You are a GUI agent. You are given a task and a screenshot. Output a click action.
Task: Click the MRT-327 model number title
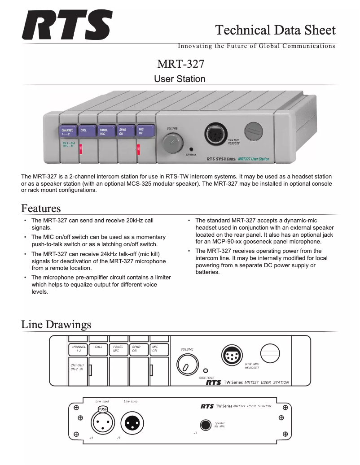tap(180, 64)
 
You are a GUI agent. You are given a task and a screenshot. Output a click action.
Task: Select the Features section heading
tap(41, 209)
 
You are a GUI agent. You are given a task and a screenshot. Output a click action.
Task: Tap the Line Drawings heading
tap(56, 324)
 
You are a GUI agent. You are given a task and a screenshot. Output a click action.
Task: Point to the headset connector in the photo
tap(215, 134)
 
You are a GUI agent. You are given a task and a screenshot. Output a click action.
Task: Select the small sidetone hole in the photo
tap(192, 149)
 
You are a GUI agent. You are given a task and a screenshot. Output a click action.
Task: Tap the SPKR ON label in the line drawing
tap(136, 348)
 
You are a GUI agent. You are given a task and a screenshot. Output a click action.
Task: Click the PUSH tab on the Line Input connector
tap(103, 409)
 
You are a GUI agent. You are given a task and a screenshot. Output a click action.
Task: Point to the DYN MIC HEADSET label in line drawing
tap(252, 365)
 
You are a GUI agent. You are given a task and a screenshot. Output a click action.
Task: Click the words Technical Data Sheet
tap(275, 30)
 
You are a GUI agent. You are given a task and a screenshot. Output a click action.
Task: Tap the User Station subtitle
tap(180, 79)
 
